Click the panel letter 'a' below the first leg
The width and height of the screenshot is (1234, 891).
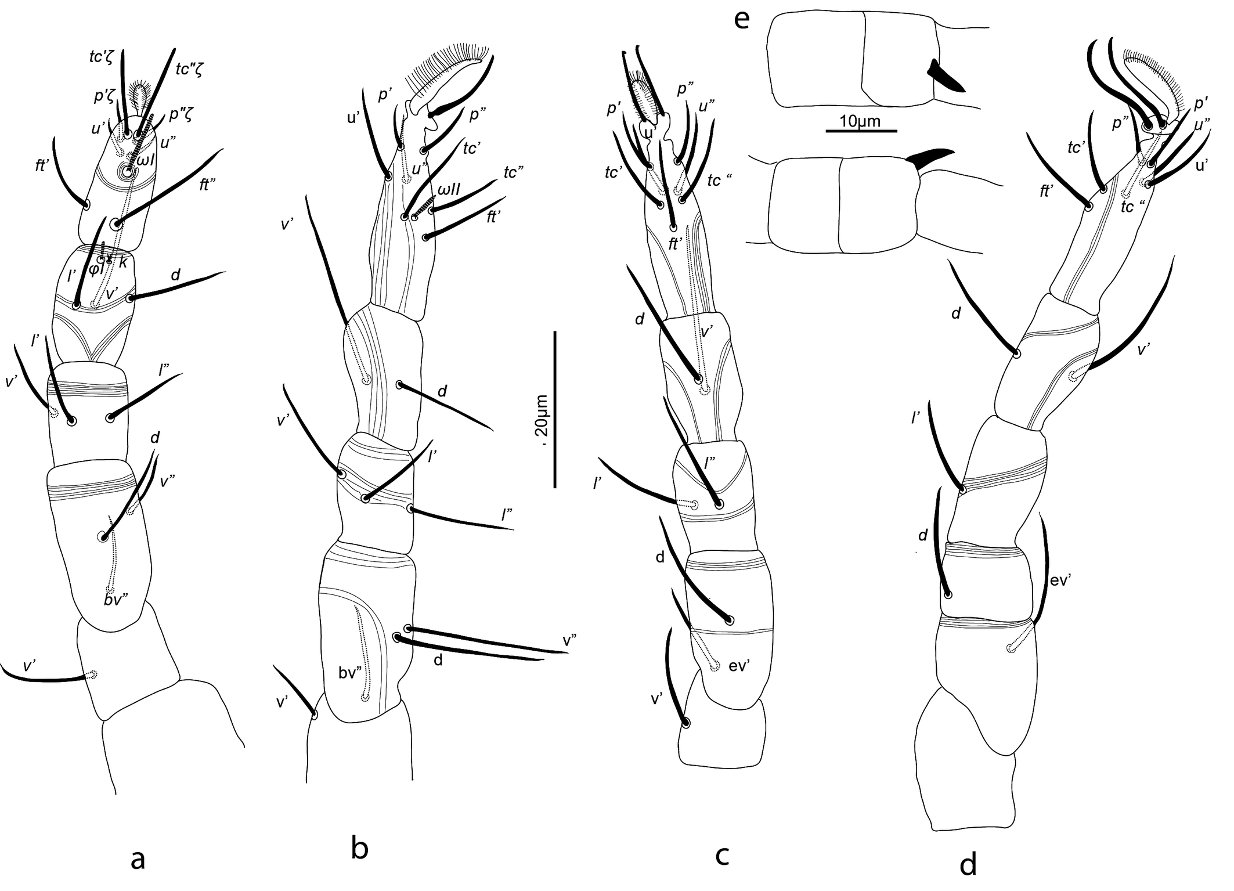pos(138,859)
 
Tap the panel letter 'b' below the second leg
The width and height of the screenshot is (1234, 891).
pos(360,849)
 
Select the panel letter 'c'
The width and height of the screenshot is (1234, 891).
pos(722,854)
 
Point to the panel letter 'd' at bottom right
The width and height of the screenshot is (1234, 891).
pos(968,865)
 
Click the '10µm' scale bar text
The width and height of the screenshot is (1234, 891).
pos(860,121)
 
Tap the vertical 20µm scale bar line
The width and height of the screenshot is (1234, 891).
pos(555,409)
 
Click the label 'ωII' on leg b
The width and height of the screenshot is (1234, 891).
pos(449,189)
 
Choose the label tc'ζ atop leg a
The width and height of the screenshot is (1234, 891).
pos(102,56)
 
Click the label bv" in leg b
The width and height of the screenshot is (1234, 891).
pos(351,673)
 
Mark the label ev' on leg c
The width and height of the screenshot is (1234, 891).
pos(739,666)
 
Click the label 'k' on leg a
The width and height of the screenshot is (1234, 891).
pos(122,262)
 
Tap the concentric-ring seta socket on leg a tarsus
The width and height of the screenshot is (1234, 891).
pos(127,171)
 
